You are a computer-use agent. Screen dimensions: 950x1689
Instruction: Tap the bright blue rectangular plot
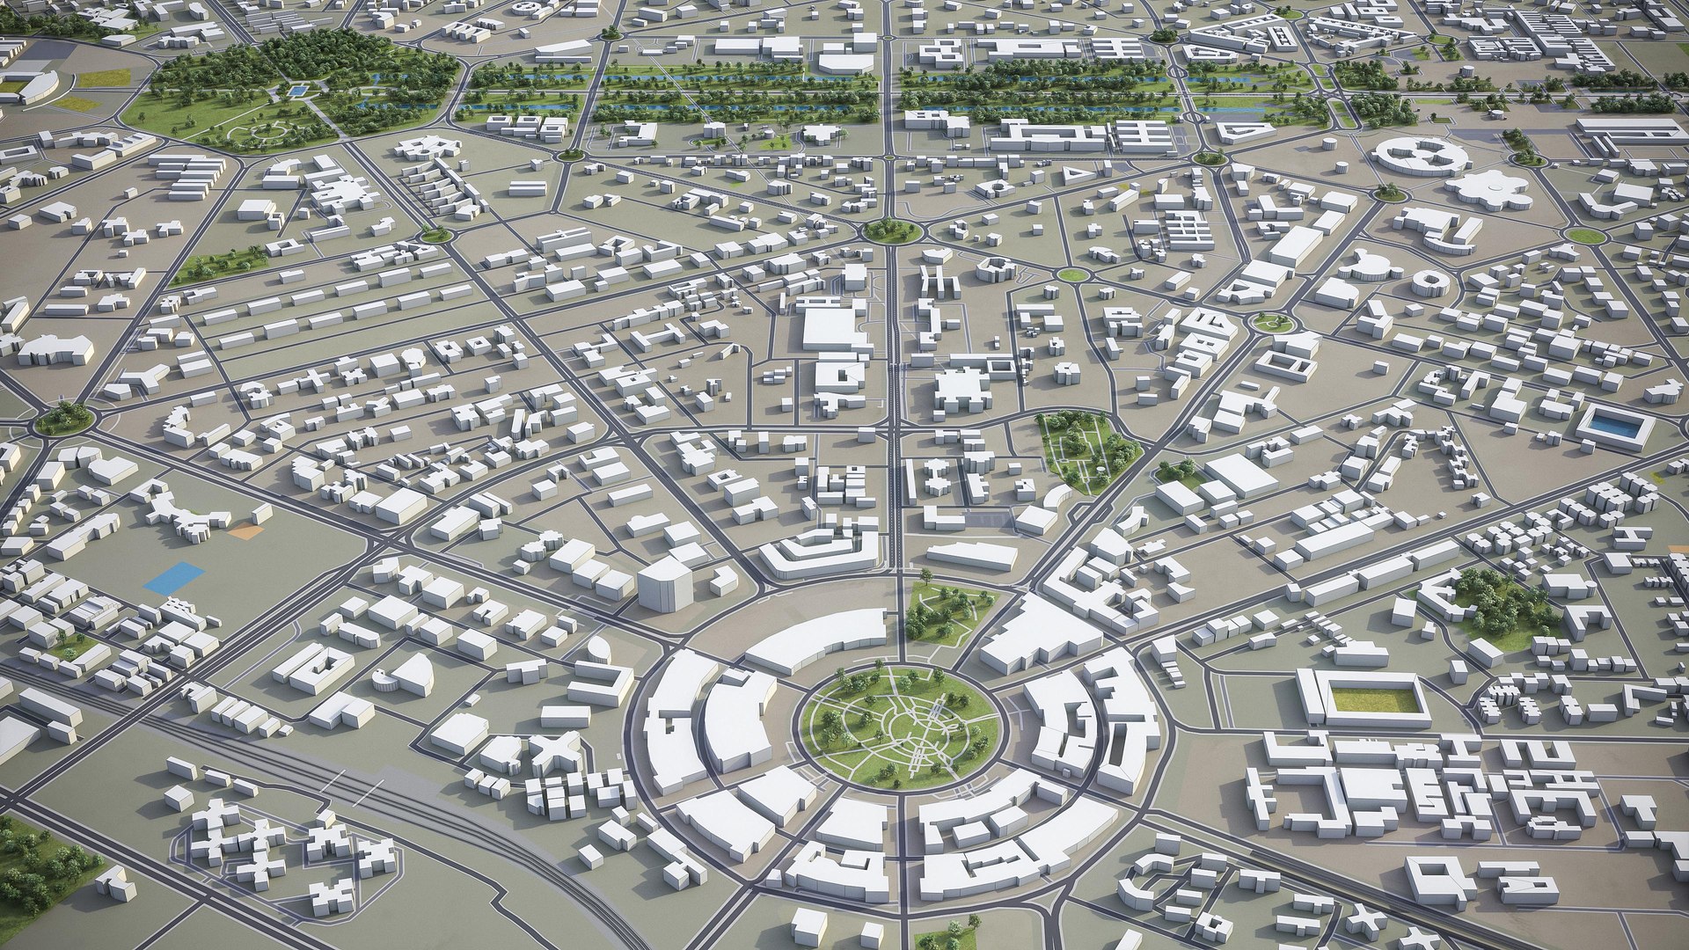(x=174, y=577)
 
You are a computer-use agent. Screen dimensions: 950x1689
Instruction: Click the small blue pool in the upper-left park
(x=297, y=90)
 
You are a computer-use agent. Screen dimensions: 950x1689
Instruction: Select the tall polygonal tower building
(x=665, y=581)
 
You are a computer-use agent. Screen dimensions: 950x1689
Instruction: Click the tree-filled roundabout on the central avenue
(x=891, y=230)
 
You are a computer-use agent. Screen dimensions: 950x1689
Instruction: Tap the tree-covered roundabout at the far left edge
(x=63, y=419)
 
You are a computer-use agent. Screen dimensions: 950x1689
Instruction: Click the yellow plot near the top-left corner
(x=104, y=78)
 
